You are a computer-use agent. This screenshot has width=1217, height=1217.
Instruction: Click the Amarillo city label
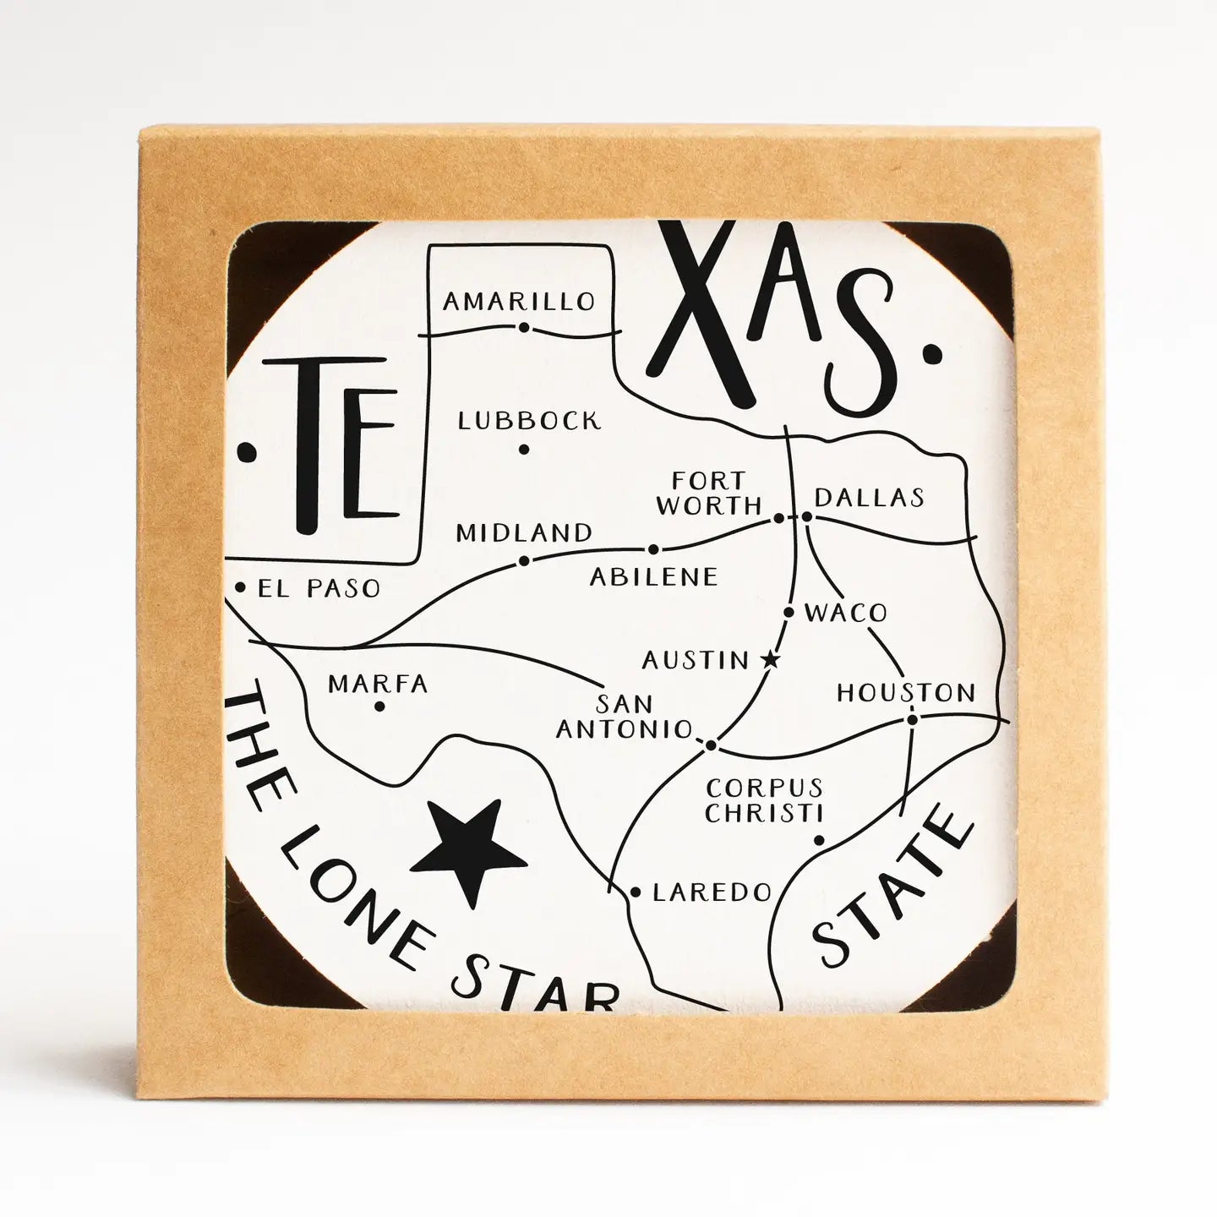519,301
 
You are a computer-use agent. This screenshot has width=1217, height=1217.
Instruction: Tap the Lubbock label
529,420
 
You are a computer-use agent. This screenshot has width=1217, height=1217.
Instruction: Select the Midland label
524,532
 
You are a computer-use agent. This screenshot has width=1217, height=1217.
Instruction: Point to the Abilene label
653,576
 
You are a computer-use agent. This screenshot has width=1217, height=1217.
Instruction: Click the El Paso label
319,588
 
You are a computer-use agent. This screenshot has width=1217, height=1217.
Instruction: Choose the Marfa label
378,683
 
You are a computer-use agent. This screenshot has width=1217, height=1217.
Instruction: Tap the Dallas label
870,497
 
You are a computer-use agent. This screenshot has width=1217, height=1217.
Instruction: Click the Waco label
845,613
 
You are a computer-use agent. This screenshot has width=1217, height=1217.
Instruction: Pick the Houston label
906,694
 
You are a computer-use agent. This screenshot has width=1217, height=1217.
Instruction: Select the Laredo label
712,892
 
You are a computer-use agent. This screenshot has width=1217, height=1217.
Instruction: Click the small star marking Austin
769,659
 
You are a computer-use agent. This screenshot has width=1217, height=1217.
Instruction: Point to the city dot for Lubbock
524,450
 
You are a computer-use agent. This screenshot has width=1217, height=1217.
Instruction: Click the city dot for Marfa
379,706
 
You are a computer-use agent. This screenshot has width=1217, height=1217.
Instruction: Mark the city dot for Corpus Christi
818,840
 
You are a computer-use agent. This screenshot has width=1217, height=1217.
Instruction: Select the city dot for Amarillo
524,327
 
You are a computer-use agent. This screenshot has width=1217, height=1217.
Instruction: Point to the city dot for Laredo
636,892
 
